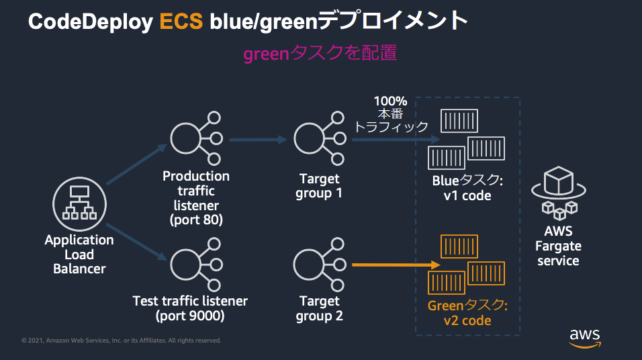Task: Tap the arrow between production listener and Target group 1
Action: click(x=258, y=140)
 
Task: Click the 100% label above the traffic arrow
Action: click(x=390, y=101)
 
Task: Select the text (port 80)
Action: click(x=195, y=219)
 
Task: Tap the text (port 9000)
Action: click(x=190, y=316)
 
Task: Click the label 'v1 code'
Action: click(x=467, y=196)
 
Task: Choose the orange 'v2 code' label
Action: click(x=467, y=320)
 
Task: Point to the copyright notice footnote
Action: click(x=121, y=341)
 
